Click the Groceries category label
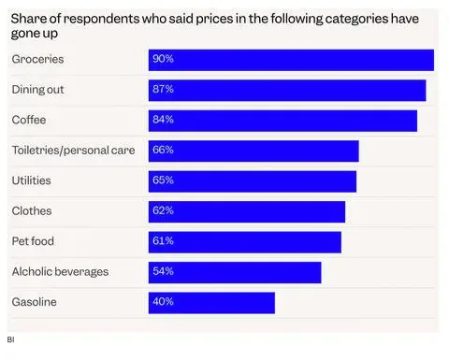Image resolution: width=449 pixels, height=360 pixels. coord(37,59)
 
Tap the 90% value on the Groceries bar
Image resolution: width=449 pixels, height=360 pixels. coord(163,59)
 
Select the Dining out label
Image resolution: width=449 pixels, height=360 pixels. coord(37,90)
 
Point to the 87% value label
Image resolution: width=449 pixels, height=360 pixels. coord(163,89)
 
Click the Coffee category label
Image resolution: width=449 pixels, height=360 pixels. coord(29,120)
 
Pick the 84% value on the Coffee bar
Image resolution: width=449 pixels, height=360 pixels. coord(163,120)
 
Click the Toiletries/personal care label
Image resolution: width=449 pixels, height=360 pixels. coord(73,151)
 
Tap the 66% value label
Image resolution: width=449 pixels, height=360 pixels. coord(163,150)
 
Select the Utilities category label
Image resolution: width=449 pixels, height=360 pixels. coord(31,180)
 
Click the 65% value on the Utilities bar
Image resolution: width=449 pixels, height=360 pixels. coord(163,180)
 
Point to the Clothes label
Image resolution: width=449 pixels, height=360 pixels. coord(32,210)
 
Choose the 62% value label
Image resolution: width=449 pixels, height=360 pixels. coord(163,210)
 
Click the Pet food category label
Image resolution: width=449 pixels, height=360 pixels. coord(33,241)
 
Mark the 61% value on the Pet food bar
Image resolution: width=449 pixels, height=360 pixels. coord(163,240)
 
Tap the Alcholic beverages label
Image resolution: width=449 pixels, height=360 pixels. coord(60,272)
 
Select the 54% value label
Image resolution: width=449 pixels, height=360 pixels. coord(163,271)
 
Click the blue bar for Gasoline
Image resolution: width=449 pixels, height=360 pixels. coord(211,303)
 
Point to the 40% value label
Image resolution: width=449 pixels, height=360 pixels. coord(163,301)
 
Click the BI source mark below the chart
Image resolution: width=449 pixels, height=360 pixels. coord(10,339)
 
